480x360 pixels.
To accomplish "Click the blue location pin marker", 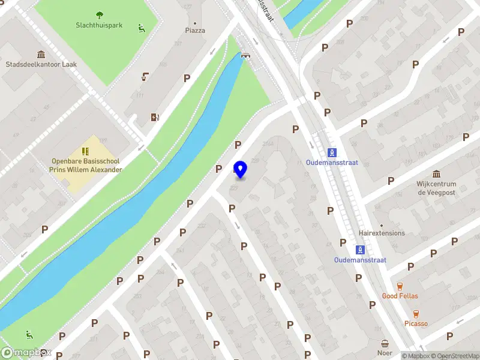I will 241,170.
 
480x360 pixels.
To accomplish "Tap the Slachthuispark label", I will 99,25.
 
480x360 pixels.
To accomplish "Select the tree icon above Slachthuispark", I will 99,15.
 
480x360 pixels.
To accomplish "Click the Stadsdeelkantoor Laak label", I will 41,64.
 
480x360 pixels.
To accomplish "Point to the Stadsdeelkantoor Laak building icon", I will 41,54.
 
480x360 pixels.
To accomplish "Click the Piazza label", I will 195,30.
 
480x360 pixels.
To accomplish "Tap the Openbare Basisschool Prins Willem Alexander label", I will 86,166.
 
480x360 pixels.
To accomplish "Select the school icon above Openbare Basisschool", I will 85,151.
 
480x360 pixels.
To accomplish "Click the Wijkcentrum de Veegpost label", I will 436,188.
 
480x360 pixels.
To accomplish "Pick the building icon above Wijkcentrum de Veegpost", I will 436,173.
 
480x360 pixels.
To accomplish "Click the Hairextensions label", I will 382,233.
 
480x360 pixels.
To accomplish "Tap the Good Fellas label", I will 400,296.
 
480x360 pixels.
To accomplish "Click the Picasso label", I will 416,323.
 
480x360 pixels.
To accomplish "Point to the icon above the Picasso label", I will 416,313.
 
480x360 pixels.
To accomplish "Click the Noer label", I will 385,353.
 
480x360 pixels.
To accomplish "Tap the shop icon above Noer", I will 385,343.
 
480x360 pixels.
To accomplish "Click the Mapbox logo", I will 26,353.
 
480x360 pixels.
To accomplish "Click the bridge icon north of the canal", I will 245,55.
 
